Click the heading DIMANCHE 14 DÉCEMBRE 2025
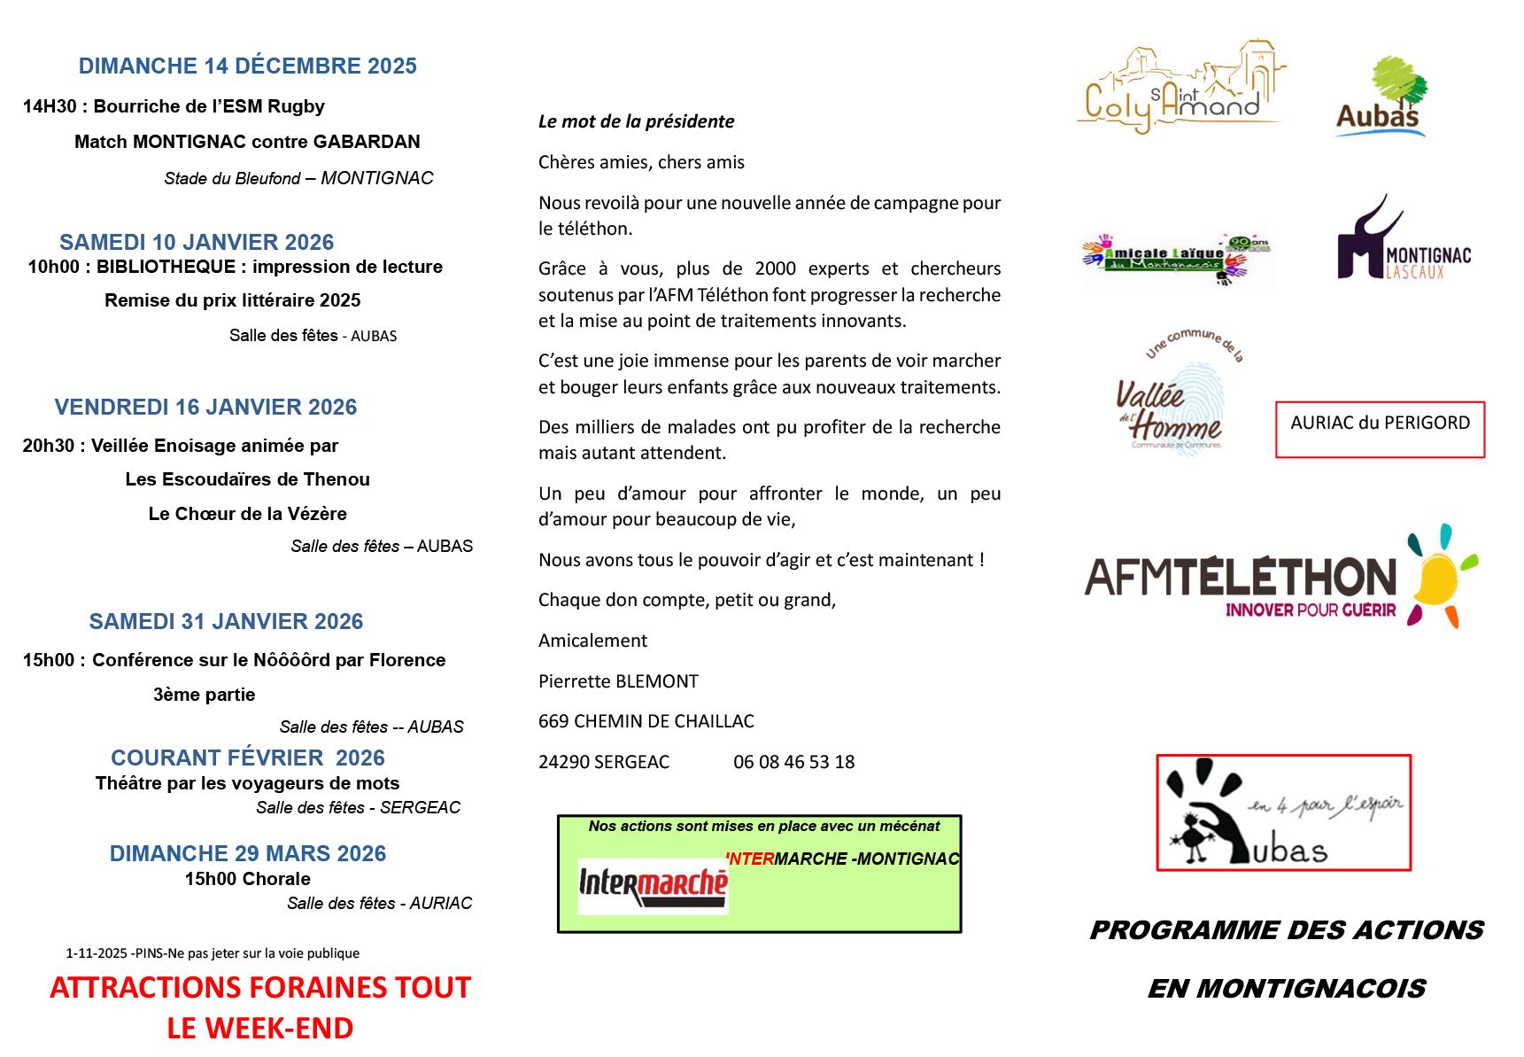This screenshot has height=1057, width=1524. coord(247,66)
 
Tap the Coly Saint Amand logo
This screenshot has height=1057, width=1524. coord(1180,89)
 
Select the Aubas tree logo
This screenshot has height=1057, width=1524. coord(1381,97)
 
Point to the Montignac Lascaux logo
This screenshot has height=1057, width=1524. coord(1403,243)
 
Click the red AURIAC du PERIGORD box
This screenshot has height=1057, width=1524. coord(1380,430)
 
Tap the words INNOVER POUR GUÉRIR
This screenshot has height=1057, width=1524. coord(1310,610)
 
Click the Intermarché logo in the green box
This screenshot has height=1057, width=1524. coord(653,886)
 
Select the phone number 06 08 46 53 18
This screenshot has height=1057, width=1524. coord(793,762)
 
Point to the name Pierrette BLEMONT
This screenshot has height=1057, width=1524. coord(618,681)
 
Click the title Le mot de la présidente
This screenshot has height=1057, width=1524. coord(636,121)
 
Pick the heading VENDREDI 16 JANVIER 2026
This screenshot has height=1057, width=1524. coord(205,408)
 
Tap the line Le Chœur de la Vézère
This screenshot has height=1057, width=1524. coord(247,514)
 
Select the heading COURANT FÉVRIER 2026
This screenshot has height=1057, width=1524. coord(247,758)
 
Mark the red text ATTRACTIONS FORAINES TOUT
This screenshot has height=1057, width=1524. coord(260,988)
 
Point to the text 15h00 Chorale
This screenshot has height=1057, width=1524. coord(247,879)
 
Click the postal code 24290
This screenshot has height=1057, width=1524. coord(563,762)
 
